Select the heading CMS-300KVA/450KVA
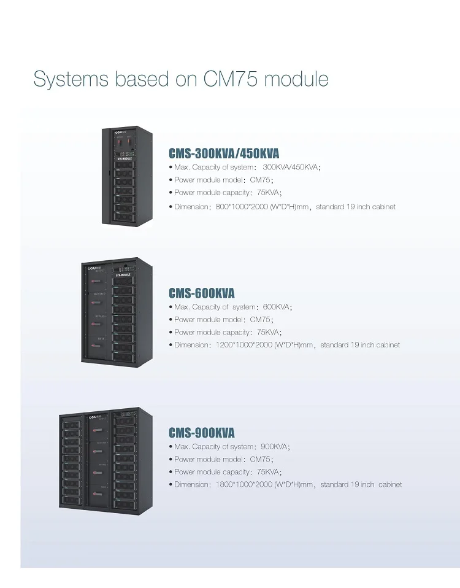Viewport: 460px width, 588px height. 223,153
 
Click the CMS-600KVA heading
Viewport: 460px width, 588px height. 202,293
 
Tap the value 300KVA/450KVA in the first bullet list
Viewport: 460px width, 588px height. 291,167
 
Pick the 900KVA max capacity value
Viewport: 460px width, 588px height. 274,447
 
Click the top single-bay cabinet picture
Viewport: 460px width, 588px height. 127,175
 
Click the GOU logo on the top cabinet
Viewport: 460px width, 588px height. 118,131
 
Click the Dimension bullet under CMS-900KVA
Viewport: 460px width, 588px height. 285,484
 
